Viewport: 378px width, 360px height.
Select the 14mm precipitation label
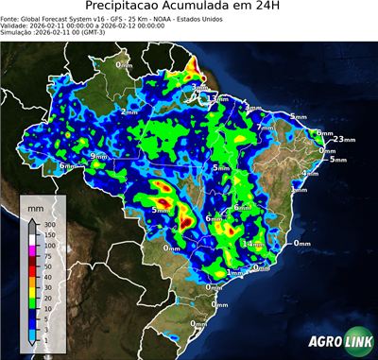tap(253, 244)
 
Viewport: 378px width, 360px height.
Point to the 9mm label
tap(98, 156)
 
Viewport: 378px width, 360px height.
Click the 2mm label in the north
tap(129, 112)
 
